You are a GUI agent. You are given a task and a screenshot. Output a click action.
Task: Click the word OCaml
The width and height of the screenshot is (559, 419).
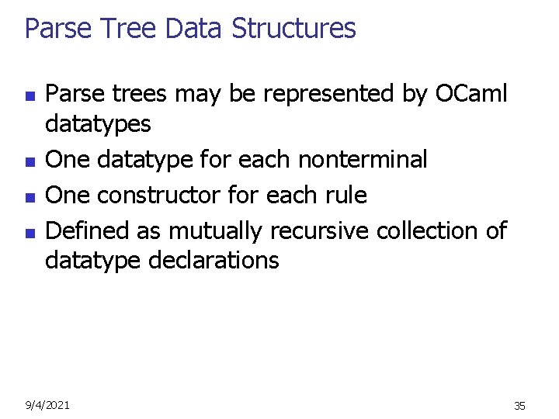point(471,94)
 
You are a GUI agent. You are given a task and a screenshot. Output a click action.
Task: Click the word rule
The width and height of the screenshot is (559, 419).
point(343,195)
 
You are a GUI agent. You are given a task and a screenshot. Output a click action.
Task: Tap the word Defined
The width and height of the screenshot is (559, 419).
point(88,230)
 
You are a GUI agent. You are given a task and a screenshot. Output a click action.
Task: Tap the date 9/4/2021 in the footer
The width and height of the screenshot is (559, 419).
point(47,405)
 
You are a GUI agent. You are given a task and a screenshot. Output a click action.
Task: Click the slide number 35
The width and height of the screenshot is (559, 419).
point(519,406)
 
